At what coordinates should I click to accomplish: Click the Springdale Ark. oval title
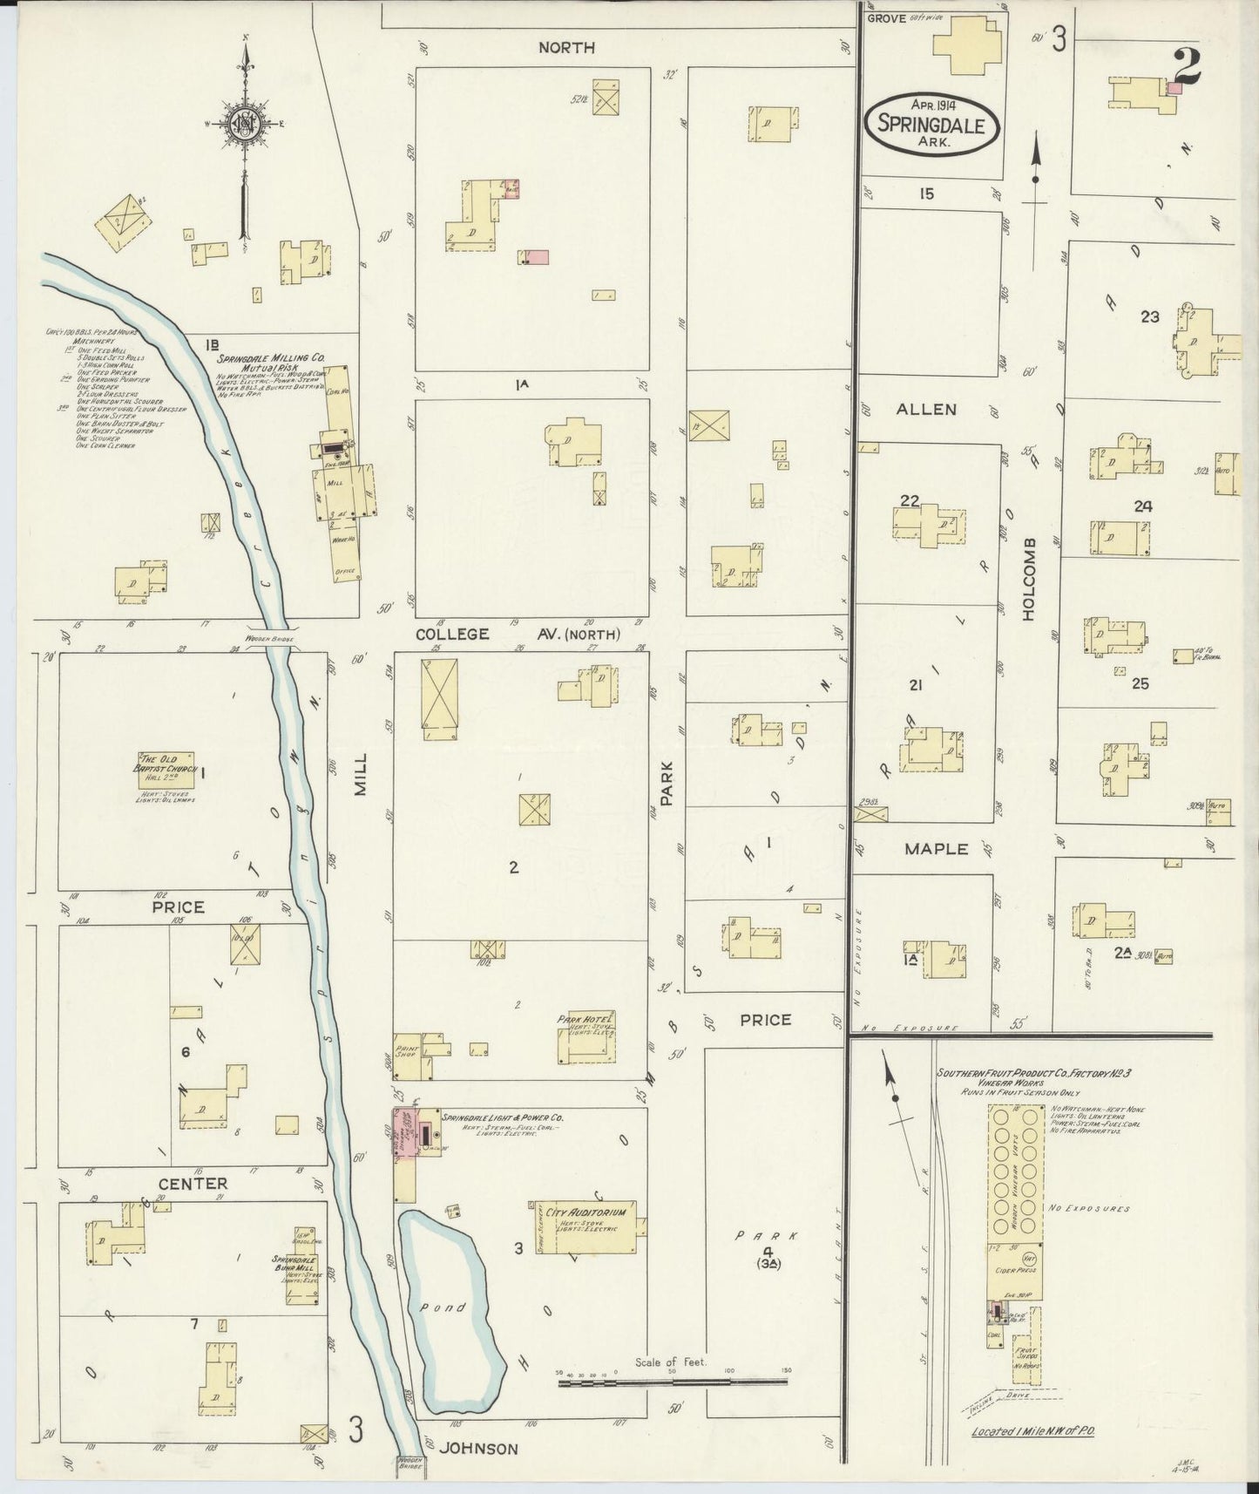click(x=931, y=124)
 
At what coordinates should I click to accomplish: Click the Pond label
click(x=451, y=1307)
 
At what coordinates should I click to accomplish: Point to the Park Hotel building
click(x=587, y=1040)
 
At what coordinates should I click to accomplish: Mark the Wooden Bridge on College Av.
click(x=270, y=640)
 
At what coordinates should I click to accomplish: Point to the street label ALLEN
click(x=927, y=408)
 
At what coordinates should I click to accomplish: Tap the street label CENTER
click(x=193, y=1184)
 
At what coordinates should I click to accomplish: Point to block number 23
click(x=1149, y=316)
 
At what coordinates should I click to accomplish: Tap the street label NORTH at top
click(x=566, y=48)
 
